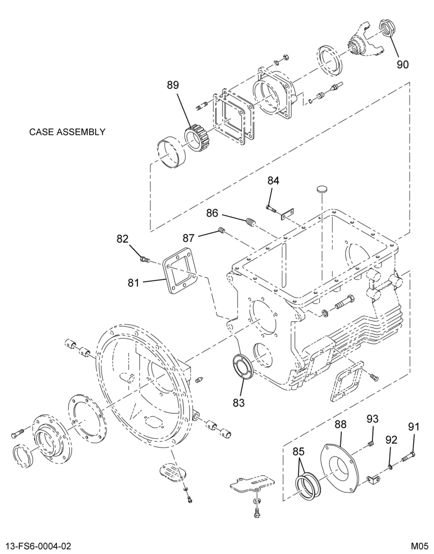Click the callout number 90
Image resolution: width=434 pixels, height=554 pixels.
click(402, 65)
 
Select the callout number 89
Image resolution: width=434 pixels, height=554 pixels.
click(173, 85)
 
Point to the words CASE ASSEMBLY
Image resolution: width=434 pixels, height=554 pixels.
click(67, 132)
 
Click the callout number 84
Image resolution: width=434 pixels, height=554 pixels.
click(273, 181)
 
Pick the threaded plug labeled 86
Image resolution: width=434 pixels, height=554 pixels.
click(251, 223)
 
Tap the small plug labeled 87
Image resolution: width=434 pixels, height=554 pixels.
click(221, 230)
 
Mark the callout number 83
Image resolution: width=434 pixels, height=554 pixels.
click(239, 402)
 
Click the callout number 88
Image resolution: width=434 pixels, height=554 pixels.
click(341, 424)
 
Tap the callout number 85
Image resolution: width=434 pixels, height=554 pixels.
click(299, 452)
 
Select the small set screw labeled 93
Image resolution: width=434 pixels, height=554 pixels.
click(371, 444)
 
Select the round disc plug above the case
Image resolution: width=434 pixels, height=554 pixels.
click(322, 189)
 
